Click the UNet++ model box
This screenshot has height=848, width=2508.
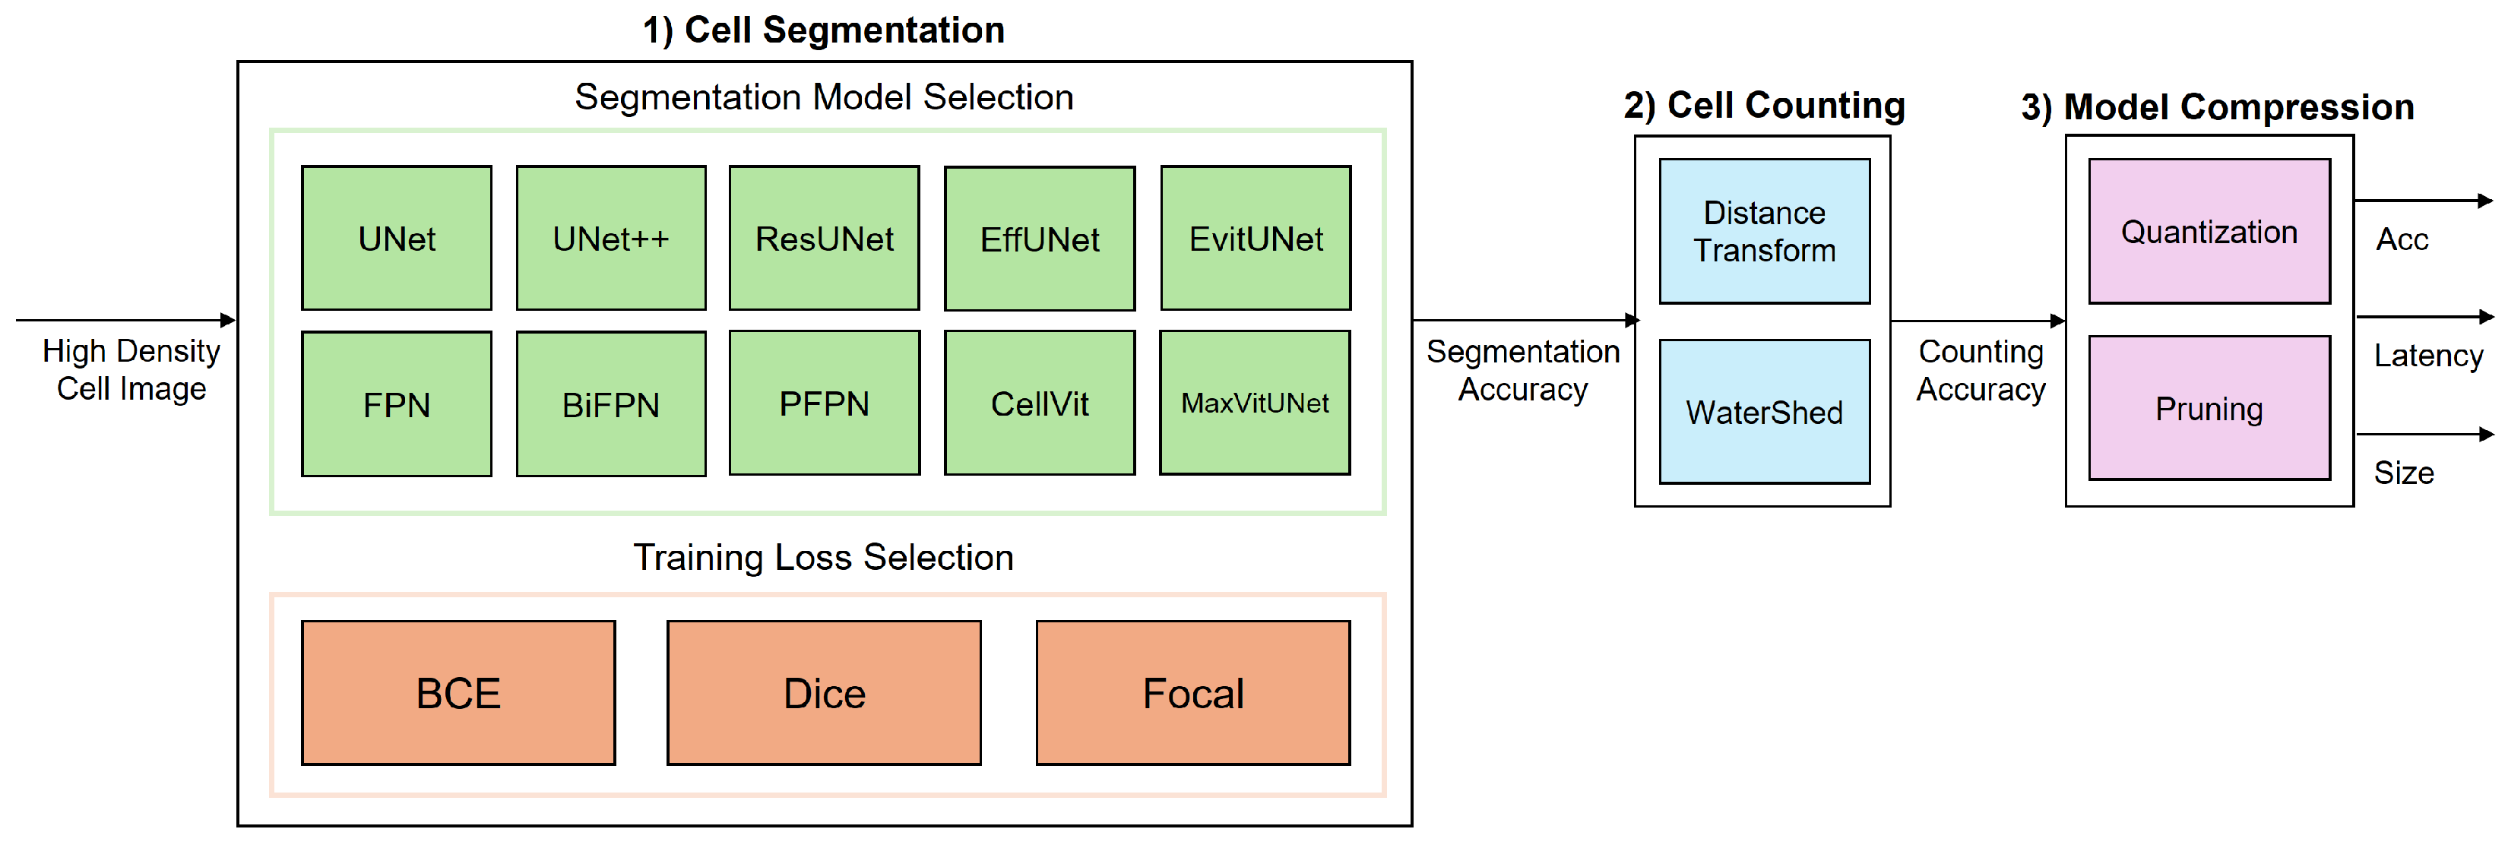click(610, 238)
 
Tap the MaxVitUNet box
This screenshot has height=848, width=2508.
click(1254, 403)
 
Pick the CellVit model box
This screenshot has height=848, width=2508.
click(1039, 403)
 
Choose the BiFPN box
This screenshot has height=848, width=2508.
click(610, 404)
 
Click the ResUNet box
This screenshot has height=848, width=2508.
click(824, 238)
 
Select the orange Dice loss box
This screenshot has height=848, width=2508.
click(824, 693)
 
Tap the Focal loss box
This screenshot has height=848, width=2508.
click(1192, 693)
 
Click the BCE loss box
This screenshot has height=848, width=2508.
click(458, 693)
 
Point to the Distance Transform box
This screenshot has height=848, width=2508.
click(1764, 232)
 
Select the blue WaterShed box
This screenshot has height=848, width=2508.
click(1764, 412)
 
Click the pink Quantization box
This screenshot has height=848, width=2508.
click(2209, 232)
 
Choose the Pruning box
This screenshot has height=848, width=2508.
click(2209, 409)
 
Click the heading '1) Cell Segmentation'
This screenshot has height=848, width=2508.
click(824, 30)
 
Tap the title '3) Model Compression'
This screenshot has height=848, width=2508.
click(2218, 107)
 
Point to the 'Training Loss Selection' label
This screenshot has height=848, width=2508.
click(824, 557)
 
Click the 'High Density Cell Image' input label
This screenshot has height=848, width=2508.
click(131, 370)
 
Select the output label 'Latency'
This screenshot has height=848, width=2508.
click(2428, 356)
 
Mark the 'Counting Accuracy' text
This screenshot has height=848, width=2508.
click(1981, 370)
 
